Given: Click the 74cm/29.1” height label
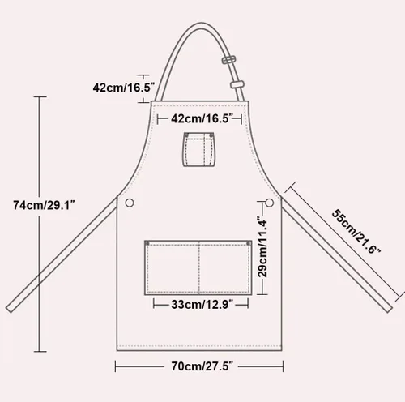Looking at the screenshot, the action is [44, 205].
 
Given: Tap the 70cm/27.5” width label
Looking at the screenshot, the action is [202, 366].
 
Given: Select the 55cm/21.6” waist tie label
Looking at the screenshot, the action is [356, 232].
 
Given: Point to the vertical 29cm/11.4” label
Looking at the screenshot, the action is [262, 246].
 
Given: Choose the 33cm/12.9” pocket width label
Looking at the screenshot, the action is [202, 305].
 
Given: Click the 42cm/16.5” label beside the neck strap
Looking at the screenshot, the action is [124, 88].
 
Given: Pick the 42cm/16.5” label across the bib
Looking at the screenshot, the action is [202, 118].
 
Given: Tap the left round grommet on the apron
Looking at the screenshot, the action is [130, 203].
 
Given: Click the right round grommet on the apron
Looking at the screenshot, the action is [269, 203].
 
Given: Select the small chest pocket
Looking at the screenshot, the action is [199, 149].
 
